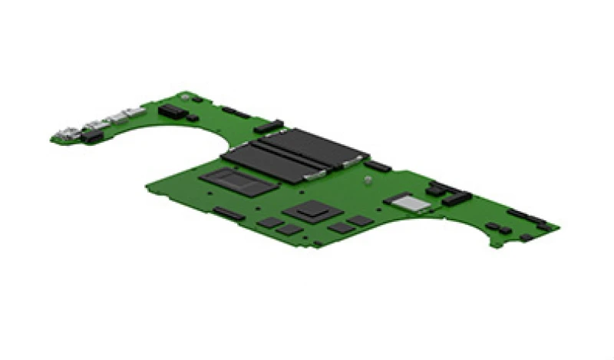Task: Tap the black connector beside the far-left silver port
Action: tap(93, 136)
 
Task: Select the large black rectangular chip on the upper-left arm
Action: tap(173, 112)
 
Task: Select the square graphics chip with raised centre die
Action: tap(309, 208)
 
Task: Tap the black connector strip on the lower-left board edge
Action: tap(229, 213)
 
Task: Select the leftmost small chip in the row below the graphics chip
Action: tap(270, 222)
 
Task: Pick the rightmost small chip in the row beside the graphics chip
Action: tap(359, 221)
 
